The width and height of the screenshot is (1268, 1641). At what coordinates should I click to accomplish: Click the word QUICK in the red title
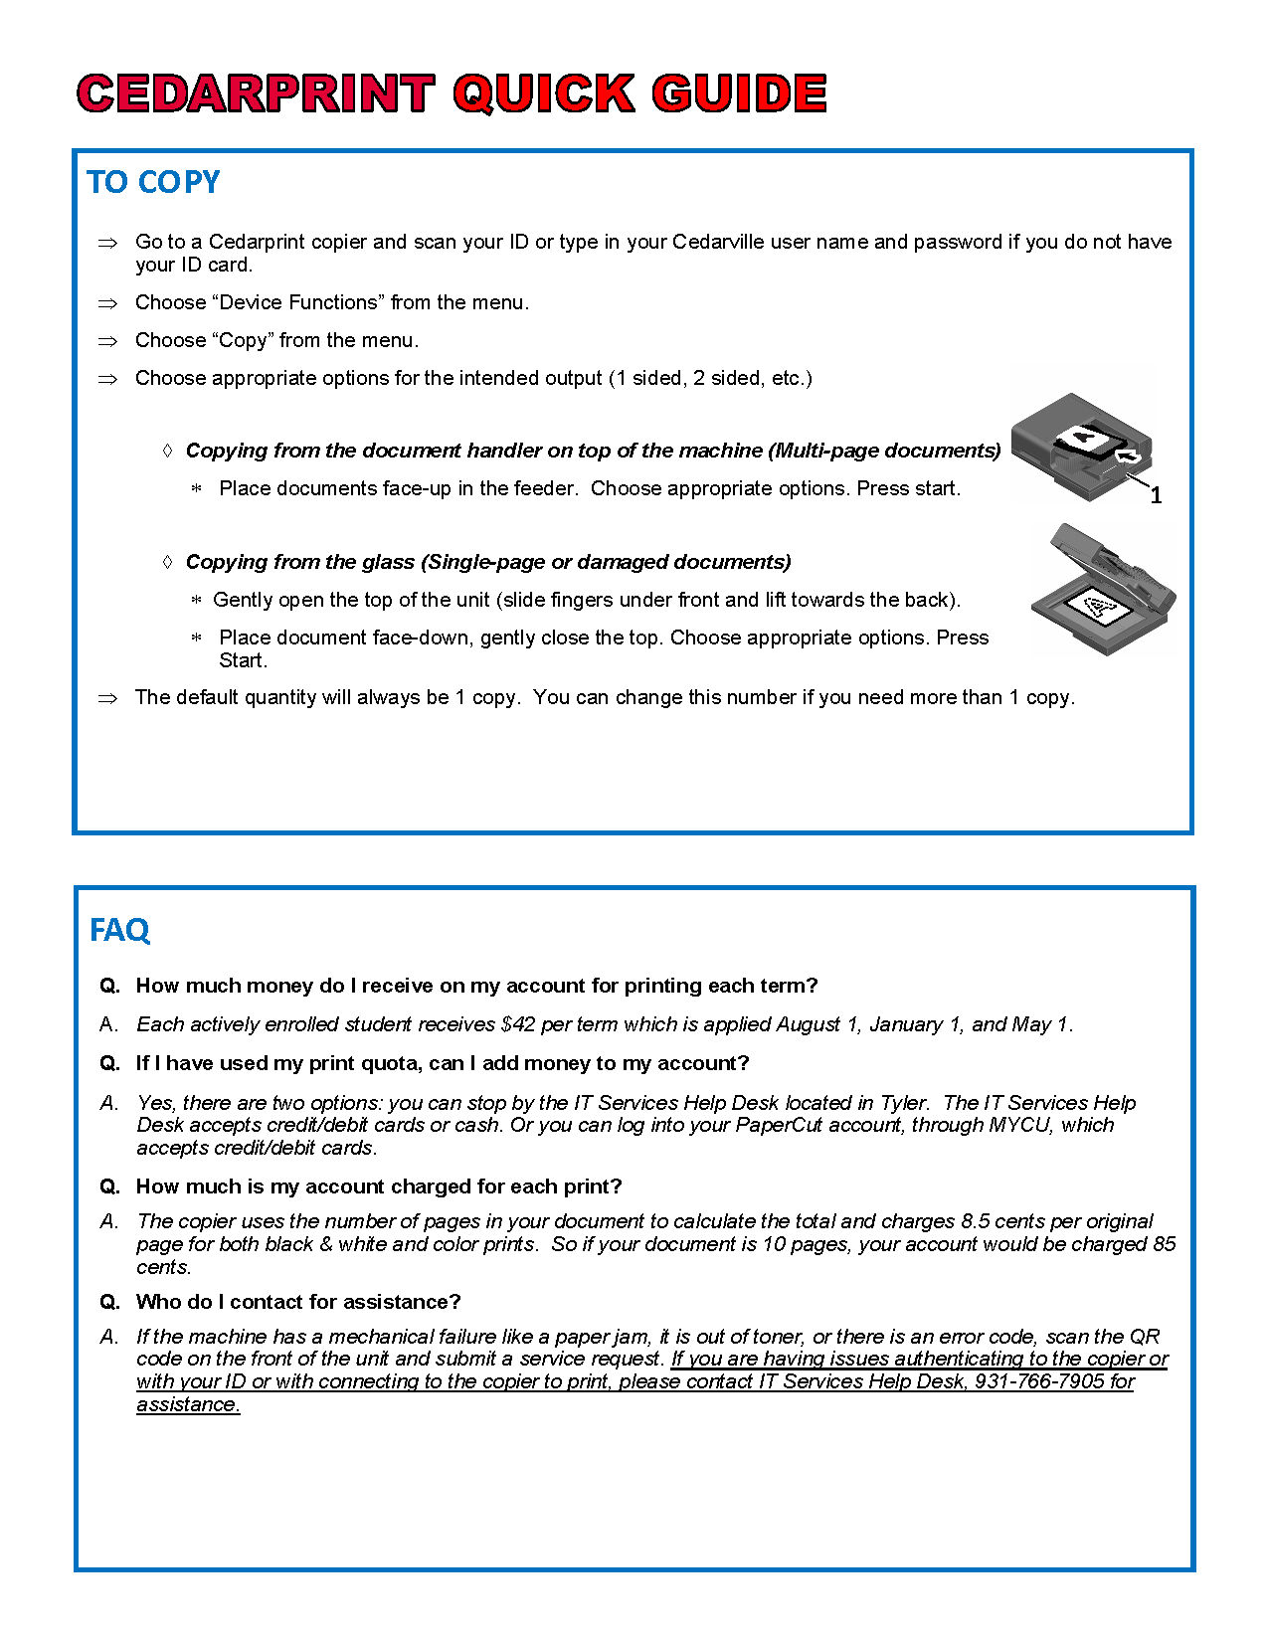coord(544,93)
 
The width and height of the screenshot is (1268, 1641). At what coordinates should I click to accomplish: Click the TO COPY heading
coord(153,182)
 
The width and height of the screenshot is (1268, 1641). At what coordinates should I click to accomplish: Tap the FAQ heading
coord(119,930)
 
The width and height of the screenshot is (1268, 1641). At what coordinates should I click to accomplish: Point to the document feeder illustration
coord(1081,445)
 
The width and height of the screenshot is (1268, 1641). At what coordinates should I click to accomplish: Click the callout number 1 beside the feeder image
coord(1156,495)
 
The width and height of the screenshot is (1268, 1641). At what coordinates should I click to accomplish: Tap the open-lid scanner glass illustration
coord(1103,592)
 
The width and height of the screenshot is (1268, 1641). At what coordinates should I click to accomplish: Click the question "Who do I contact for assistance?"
coord(298,1302)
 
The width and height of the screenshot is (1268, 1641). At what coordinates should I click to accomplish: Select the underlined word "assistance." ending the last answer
coord(188,1404)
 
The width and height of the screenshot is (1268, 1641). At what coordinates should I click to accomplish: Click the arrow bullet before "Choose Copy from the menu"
coord(107,341)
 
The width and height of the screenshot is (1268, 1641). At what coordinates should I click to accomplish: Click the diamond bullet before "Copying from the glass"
coord(167,562)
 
